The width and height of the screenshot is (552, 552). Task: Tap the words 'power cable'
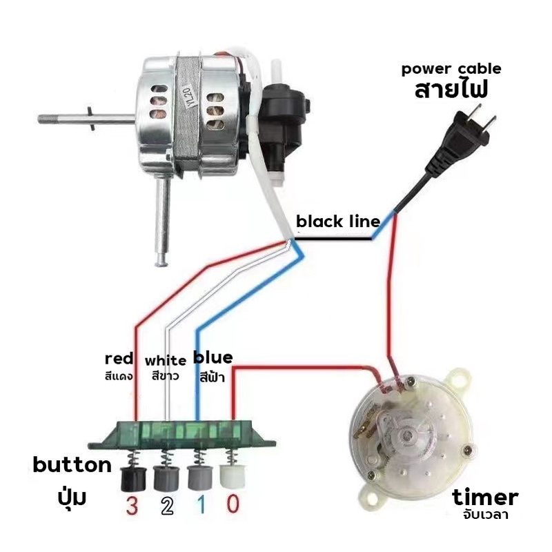pos(451,69)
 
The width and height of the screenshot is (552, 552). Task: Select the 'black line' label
pos(337,221)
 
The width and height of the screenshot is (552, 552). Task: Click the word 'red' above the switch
pos(119,359)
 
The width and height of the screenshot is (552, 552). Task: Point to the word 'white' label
pos(166,360)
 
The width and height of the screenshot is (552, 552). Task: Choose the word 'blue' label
pos(213,357)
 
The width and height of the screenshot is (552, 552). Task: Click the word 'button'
pos(72,464)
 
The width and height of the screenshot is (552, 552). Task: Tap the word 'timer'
pos(485,497)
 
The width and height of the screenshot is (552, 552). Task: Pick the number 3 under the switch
pos(132,506)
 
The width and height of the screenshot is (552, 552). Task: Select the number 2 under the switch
pos(166,506)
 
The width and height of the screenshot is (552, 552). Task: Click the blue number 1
pos(199,506)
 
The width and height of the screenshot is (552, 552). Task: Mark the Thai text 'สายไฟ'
pos(451,90)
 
